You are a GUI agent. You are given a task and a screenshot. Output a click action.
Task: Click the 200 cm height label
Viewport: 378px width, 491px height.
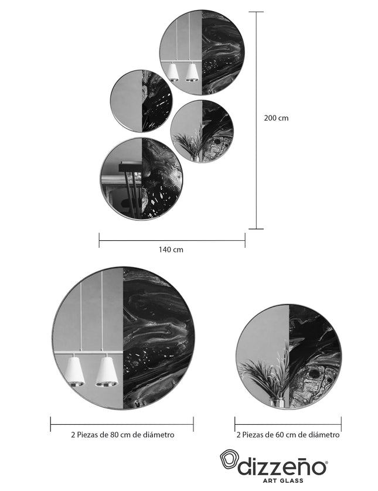(276, 118)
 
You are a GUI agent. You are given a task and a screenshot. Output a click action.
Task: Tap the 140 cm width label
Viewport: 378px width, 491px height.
(171, 250)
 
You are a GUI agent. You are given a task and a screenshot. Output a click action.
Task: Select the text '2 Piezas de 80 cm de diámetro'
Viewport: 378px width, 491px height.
(122, 435)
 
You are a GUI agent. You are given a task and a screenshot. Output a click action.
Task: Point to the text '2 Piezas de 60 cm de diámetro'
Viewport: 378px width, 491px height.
(288, 435)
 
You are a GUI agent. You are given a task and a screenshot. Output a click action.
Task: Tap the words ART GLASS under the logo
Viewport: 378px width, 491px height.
(283, 480)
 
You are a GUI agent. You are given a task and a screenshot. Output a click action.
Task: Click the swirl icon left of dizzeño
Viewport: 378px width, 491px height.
(229, 462)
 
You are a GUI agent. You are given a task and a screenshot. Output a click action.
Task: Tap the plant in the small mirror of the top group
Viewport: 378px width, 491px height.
(189, 144)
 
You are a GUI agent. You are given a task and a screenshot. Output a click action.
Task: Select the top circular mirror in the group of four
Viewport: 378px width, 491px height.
(202, 52)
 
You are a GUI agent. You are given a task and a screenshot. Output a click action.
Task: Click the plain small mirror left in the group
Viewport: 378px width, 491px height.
(141, 101)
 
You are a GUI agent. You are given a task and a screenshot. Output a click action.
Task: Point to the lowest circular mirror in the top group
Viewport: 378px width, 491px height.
(141, 179)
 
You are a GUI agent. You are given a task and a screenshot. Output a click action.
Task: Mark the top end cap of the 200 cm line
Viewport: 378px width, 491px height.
(256, 12)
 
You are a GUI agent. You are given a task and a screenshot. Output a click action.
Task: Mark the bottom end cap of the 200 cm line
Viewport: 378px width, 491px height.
(256, 229)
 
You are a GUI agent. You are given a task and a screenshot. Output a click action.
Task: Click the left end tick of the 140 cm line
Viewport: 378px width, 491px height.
(99, 240)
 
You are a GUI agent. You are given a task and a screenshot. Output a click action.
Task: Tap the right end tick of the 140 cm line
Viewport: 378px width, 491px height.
(245, 240)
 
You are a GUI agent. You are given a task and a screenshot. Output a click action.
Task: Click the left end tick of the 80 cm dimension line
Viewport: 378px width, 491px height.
(51, 424)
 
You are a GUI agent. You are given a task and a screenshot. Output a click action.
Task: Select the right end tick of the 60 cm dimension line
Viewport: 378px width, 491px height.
(341, 424)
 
